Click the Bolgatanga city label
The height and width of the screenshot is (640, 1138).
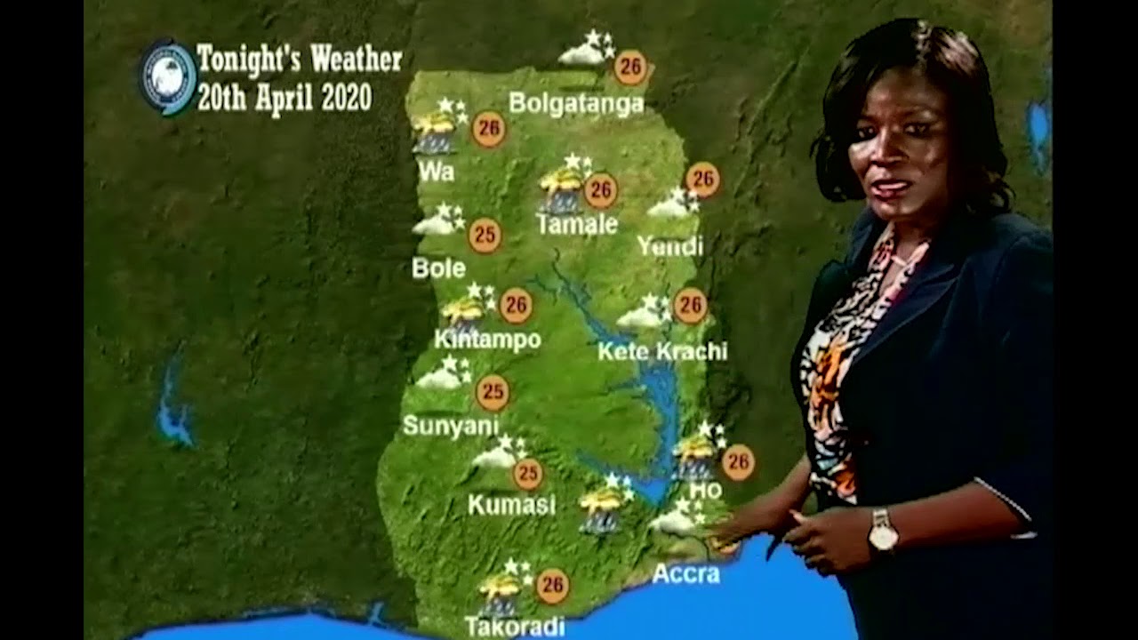click(576, 104)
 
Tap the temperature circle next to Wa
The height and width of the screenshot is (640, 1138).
click(488, 130)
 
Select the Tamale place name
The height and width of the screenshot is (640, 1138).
click(577, 224)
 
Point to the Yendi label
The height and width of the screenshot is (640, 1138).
click(670, 246)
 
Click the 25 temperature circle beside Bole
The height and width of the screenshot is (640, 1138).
click(485, 236)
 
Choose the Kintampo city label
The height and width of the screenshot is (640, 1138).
click(487, 340)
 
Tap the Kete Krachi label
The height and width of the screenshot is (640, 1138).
click(662, 351)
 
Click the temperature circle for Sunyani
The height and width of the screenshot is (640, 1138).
click(492, 392)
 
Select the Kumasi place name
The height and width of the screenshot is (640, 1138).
click(511, 505)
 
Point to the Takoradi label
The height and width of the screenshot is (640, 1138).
click(515, 627)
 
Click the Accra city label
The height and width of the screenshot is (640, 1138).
click(685, 574)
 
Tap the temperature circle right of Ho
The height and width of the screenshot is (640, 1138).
click(737, 462)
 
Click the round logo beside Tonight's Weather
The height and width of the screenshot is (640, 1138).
click(168, 77)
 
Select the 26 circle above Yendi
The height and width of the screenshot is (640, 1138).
click(702, 180)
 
